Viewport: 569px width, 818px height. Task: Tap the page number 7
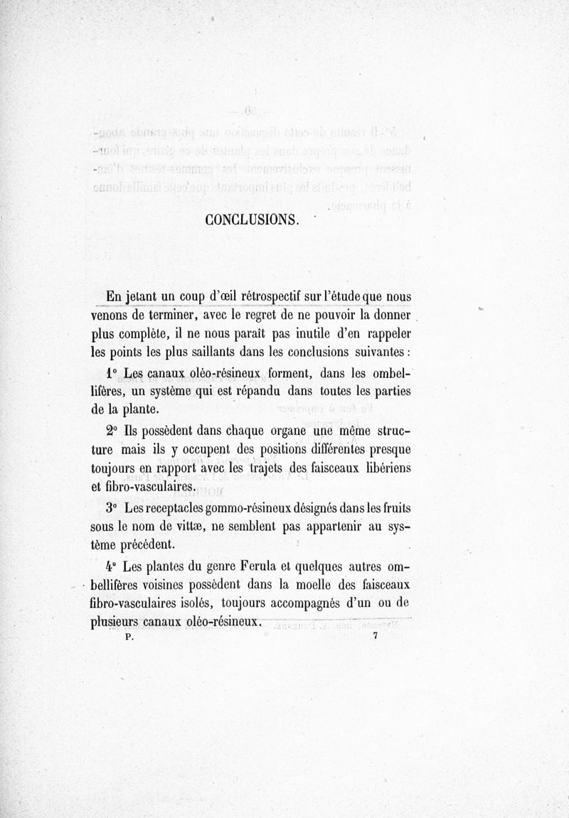point(373,637)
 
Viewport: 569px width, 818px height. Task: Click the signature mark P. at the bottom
point(129,637)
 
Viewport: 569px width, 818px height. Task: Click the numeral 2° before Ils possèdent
point(110,431)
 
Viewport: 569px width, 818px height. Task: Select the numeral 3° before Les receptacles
point(110,509)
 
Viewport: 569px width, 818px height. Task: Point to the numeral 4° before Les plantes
point(110,567)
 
